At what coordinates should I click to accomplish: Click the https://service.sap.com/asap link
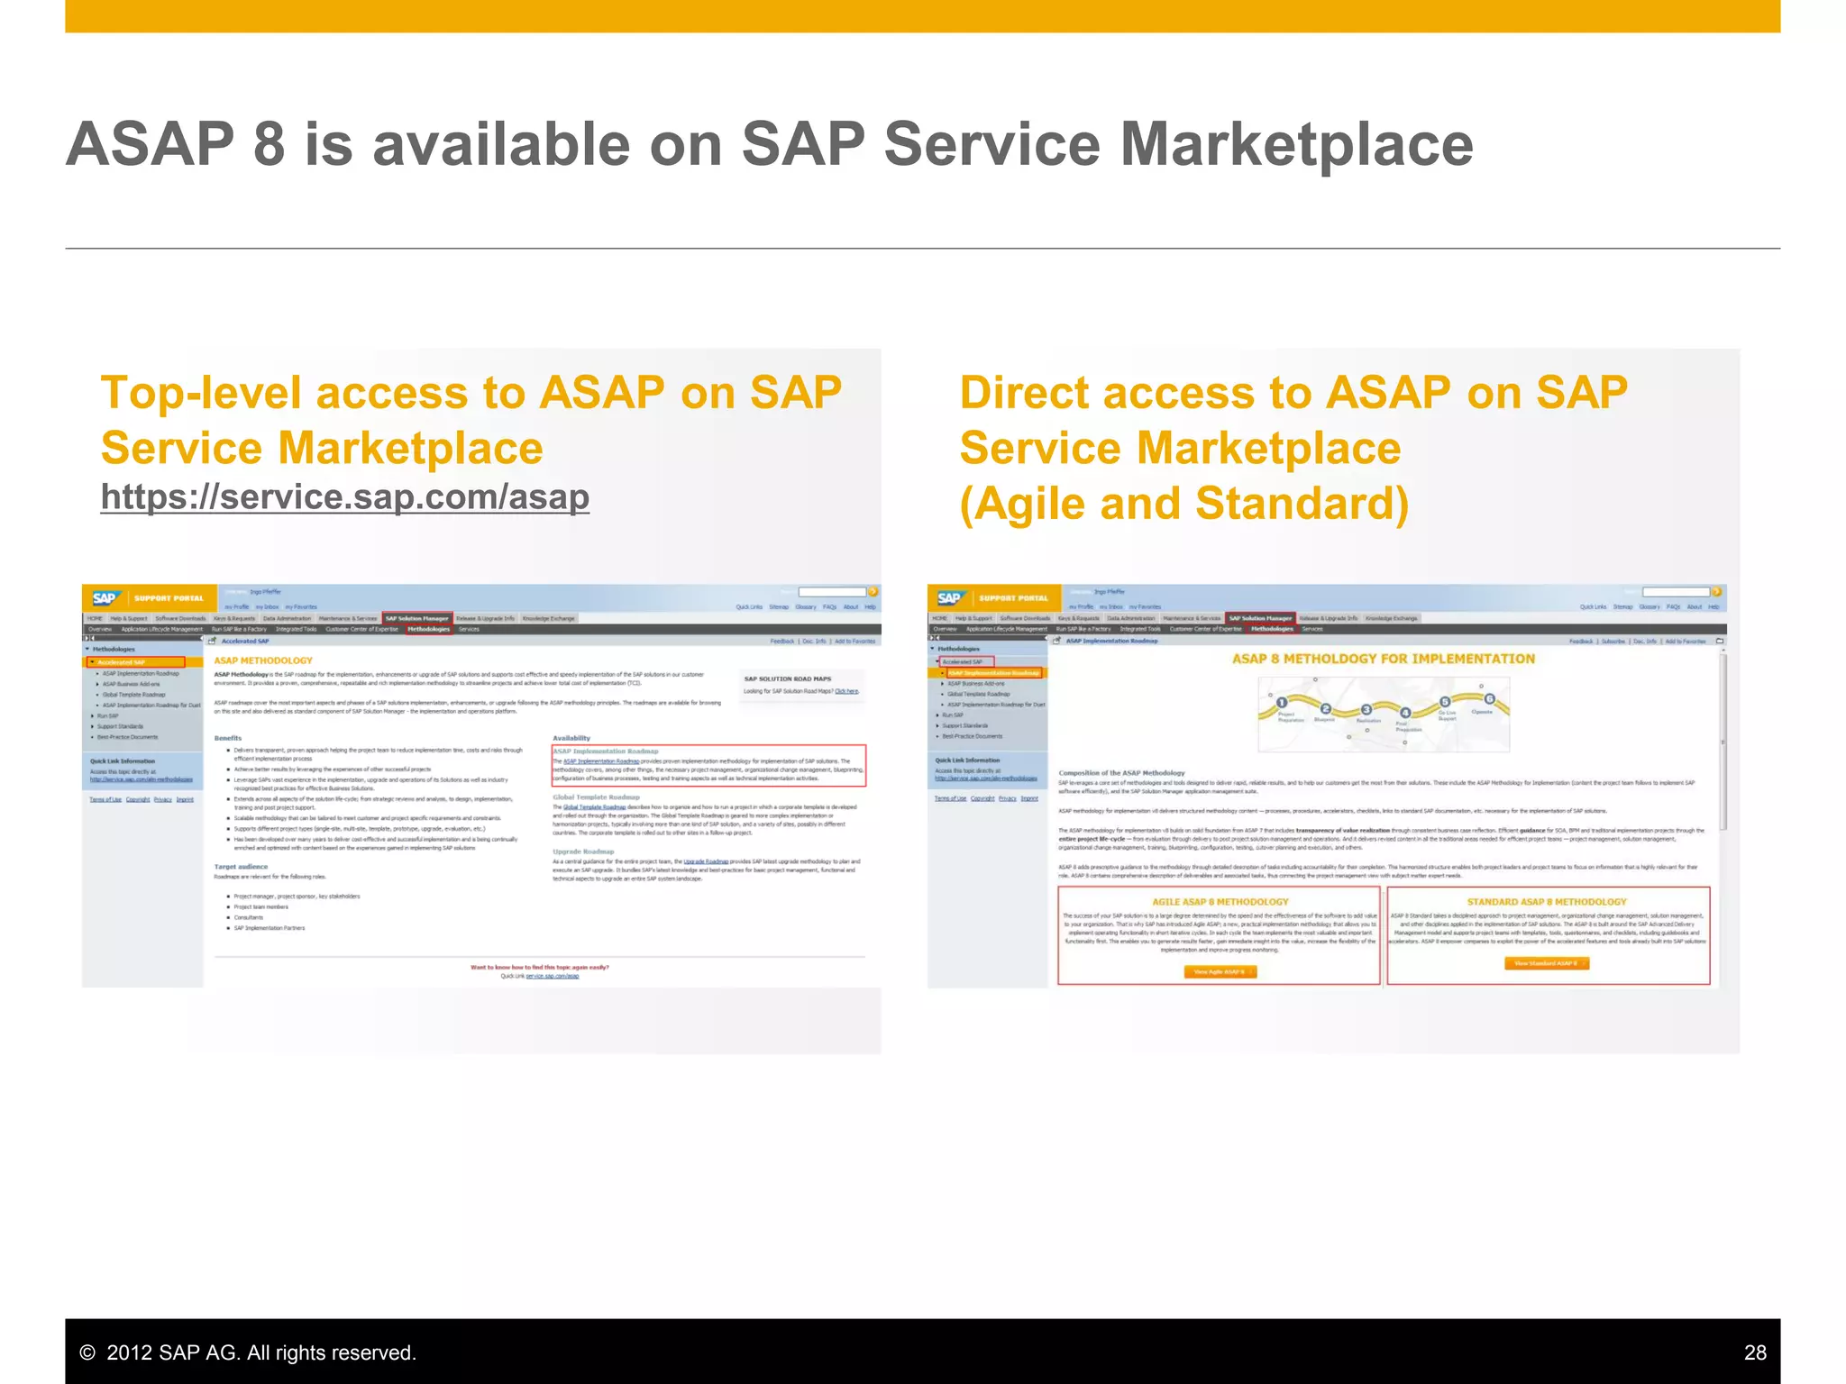tap(344, 497)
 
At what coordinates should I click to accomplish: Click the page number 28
tap(1754, 1352)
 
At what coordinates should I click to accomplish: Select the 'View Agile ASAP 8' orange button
tap(1219, 972)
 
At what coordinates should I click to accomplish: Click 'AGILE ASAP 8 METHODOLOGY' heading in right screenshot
tap(1220, 902)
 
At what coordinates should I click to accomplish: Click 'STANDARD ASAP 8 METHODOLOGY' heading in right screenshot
tap(1546, 902)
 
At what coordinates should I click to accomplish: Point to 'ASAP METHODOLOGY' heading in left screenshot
tap(263, 660)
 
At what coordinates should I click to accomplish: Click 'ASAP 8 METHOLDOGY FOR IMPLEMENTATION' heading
tap(1383, 659)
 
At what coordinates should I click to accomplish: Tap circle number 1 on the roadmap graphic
tap(1281, 703)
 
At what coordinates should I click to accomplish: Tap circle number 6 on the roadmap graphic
tap(1489, 699)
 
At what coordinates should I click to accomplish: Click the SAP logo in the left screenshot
tap(105, 598)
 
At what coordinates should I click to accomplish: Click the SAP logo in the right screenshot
tap(949, 598)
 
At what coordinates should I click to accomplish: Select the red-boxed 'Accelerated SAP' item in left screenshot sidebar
tap(135, 662)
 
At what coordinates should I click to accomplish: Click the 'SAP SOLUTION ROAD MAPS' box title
tap(787, 678)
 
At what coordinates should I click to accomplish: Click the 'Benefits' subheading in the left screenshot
tap(227, 738)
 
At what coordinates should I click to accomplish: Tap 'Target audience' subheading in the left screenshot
tap(241, 867)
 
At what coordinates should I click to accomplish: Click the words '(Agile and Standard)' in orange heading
tap(1183, 504)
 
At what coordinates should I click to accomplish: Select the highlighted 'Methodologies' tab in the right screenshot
tap(1272, 629)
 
